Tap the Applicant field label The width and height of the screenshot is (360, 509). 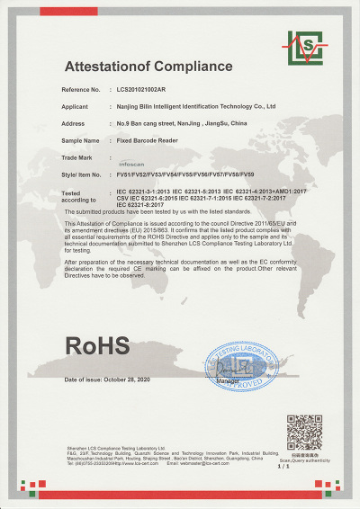pos(74,106)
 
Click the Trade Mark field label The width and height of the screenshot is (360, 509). pos(76,156)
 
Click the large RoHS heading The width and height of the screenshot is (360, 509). pos(96,345)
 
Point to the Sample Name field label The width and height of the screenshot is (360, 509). pos(79,140)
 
